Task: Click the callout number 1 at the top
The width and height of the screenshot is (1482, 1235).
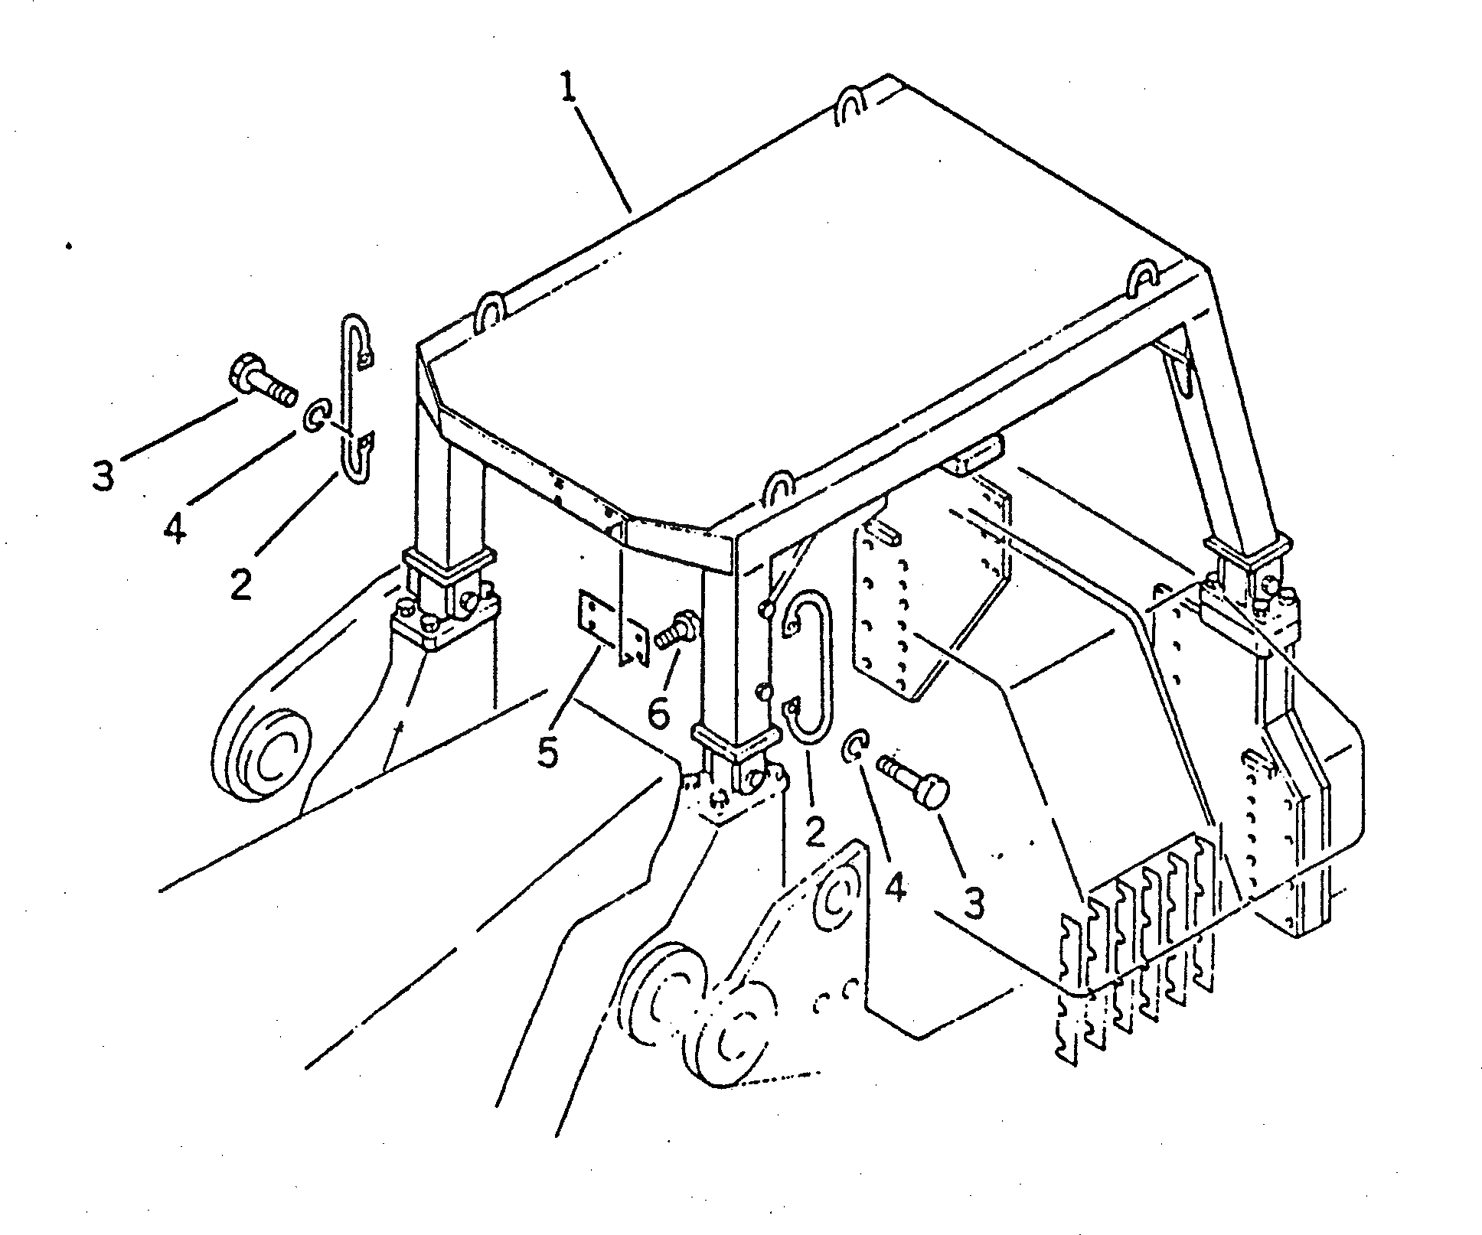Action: click(x=568, y=90)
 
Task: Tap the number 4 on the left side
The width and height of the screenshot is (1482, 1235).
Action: click(x=175, y=527)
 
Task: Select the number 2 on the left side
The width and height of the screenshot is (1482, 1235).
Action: click(x=240, y=585)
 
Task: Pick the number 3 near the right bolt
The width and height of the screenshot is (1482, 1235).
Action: click(x=973, y=904)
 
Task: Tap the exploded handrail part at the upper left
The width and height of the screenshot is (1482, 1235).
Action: click(x=353, y=398)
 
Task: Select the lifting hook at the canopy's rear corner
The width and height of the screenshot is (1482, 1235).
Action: click(x=850, y=105)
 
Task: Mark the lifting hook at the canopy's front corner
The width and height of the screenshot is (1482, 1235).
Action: click(x=778, y=488)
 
